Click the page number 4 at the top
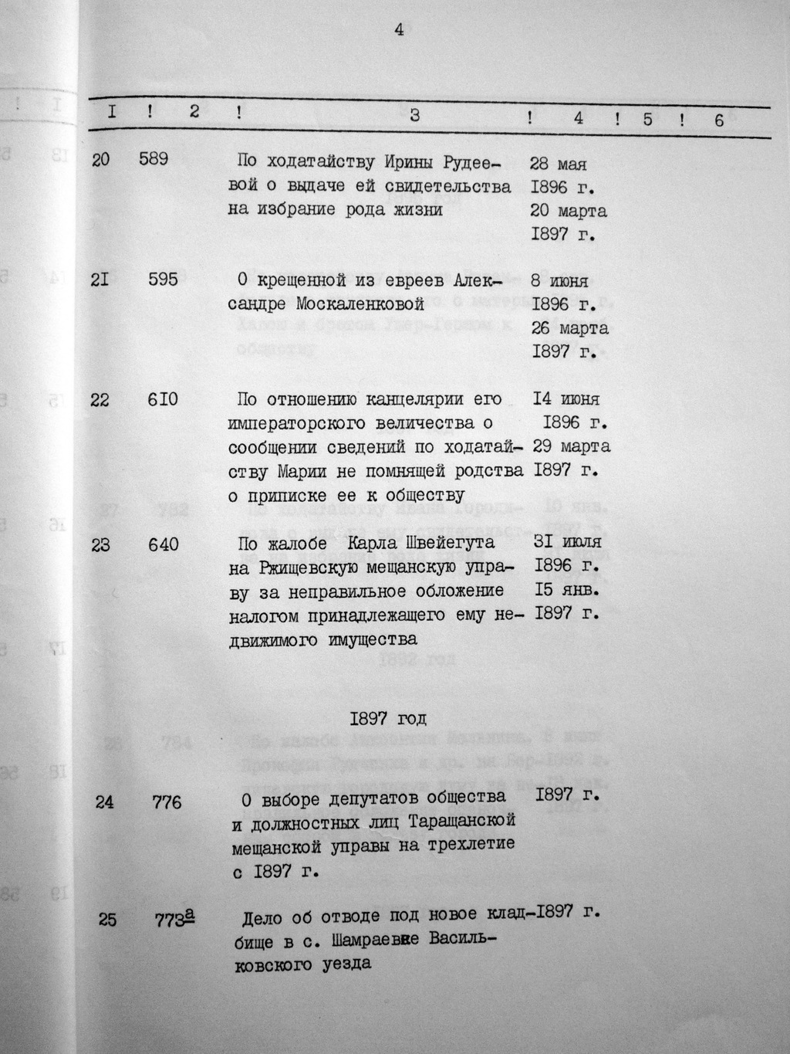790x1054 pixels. pos(399,30)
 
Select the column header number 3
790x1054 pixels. pos(415,116)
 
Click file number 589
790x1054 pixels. pos(154,160)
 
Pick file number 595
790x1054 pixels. pos(163,280)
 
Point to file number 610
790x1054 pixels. pos(163,400)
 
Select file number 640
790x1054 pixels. pos(164,544)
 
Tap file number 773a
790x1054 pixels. pos(174,918)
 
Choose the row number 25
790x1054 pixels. pos(107,919)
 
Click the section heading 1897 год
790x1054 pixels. pos(388,719)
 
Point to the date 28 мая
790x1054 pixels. pos(559,164)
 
